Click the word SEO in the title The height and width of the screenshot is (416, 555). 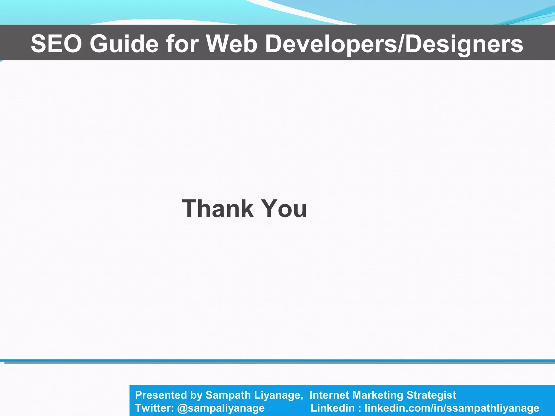coord(56,44)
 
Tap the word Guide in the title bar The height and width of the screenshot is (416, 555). coord(124,44)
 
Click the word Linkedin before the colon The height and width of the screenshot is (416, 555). coord(332,408)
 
